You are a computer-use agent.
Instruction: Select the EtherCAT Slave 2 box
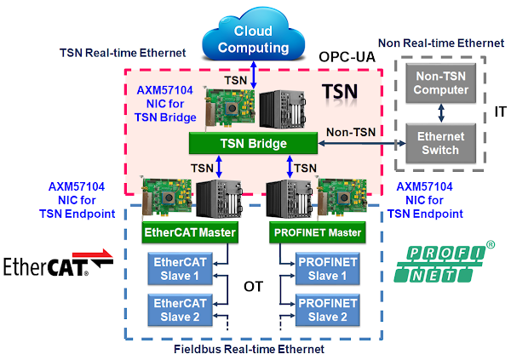179,310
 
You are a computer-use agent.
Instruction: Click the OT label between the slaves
252,287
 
